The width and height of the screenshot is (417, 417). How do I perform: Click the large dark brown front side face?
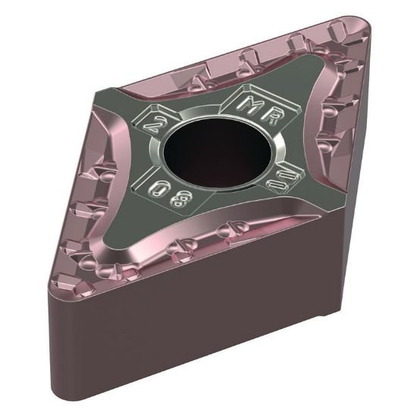coord(197,341)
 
